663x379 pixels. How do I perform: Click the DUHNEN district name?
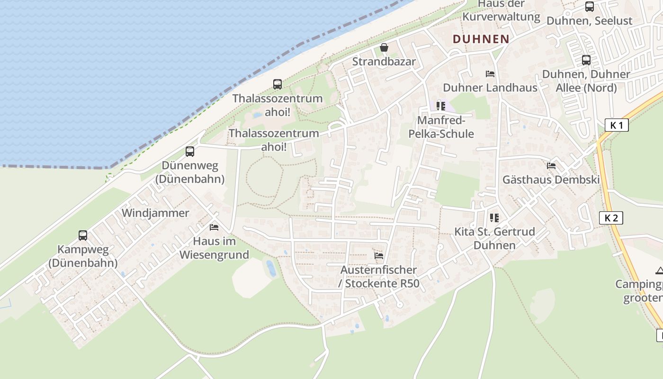pos(481,39)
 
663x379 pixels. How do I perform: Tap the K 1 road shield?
pos(617,126)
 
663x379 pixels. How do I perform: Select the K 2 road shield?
pos(611,218)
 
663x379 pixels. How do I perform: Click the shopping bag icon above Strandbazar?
pos(384,47)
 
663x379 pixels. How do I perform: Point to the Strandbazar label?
pos(384,62)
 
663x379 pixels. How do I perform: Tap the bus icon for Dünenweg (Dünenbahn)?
pos(190,152)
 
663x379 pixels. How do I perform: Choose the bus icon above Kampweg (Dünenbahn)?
pos(83,235)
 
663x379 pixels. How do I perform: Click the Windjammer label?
pos(155,213)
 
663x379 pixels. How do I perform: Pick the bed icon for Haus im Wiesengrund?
pos(214,227)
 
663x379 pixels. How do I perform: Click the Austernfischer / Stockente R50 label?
pos(380,277)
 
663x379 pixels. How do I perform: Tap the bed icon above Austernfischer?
pos(379,256)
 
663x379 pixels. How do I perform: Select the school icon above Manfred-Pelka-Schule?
pos(441,106)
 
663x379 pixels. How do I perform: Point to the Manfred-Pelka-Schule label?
pos(441,127)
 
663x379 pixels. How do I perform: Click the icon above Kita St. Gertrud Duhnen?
pos(494,218)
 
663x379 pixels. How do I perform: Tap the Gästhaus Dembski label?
pos(551,180)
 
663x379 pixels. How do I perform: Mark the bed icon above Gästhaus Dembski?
pos(551,166)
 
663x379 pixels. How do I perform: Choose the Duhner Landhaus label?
pos(490,88)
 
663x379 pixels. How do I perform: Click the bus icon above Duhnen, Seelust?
pos(590,7)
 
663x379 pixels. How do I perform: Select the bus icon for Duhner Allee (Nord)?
pos(586,60)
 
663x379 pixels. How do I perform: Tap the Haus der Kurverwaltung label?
pos(501,11)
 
